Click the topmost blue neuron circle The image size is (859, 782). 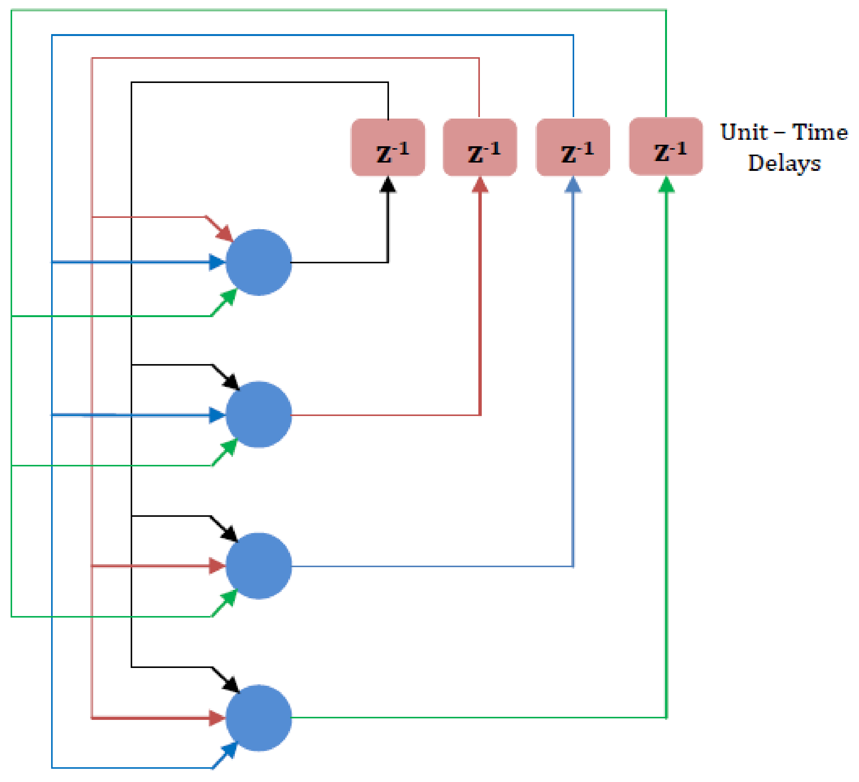pos(259,263)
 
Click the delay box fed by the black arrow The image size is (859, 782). pos(388,147)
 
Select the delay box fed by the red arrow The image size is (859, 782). pos(480,147)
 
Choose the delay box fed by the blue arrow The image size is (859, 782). pos(573,147)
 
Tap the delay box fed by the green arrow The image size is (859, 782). pos(666,147)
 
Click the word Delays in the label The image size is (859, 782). pos(784,164)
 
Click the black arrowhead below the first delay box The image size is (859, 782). pos(388,186)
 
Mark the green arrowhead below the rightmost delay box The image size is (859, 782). pos(667,186)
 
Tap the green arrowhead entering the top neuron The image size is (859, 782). pos(229,297)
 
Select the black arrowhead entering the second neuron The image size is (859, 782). pos(232,382)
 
